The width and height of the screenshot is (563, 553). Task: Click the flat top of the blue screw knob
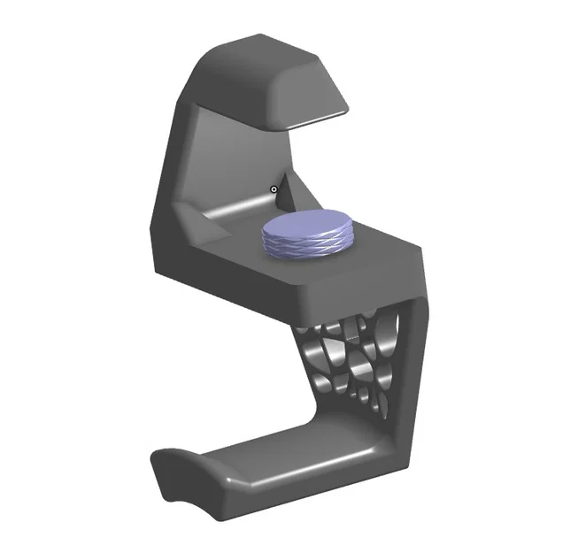coord(307,226)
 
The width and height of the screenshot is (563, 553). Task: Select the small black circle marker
coord(274,188)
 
